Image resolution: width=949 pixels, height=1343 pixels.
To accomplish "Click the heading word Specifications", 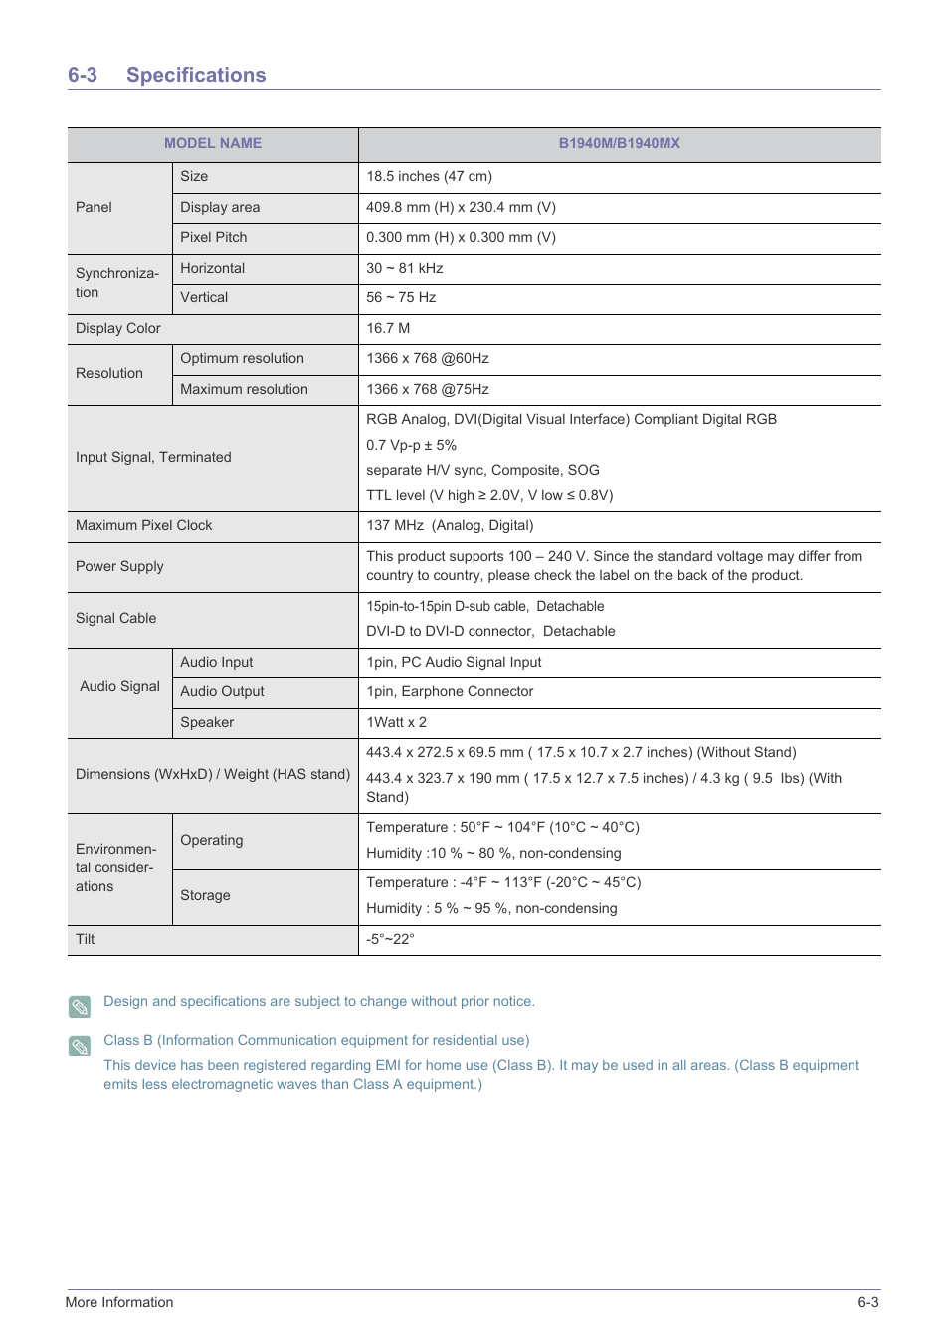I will click(196, 75).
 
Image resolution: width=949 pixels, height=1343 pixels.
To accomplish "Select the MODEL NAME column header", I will click(213, 143).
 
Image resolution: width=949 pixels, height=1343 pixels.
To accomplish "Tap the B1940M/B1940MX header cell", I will click(619, 143).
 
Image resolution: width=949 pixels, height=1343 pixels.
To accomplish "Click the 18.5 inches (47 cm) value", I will click(429, 176).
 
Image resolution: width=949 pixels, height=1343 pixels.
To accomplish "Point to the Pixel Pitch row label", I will click(213, 237).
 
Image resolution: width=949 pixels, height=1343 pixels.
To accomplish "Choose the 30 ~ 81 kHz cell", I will click(404, 268).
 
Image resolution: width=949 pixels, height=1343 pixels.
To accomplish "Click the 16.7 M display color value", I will click(388, 328).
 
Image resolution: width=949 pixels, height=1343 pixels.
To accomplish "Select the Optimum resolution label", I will click(242, 358).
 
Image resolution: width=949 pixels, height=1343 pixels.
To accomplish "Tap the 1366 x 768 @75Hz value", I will click(428, 389).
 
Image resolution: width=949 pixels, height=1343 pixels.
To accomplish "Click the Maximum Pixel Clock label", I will click(143, 525).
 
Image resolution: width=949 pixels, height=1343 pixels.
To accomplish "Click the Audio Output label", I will click(222, 691).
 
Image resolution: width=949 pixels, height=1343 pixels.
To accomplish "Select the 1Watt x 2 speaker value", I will click(396, 722).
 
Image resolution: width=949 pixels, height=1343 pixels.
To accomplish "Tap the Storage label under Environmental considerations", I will click(205, 895).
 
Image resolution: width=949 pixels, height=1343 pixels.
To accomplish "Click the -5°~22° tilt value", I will click(390, 939).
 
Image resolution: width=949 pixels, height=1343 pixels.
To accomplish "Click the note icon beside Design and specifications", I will click(80, 1006).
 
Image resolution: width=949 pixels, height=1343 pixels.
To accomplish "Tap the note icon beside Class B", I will click(80, 1046).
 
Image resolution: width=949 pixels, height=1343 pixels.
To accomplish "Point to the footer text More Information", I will click(119, 1302).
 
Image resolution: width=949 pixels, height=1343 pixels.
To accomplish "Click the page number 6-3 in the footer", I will click(868, 1302).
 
